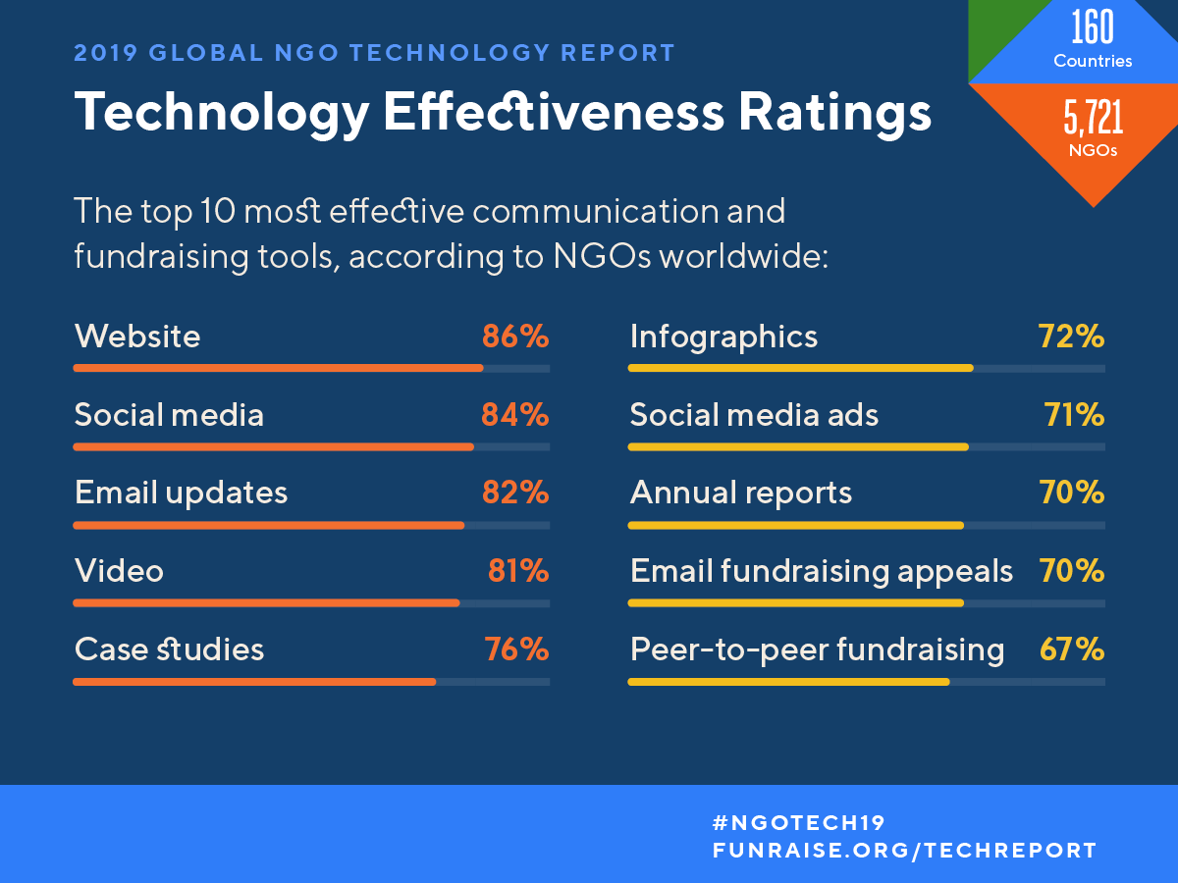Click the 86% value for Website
coord(514,338)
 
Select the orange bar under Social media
coord(273,447)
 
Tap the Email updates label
coord(181,493)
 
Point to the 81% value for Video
coord(517,571)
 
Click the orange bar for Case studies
coord(253,682)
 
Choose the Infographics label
coord(723,338)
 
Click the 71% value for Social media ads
coord(1074,415)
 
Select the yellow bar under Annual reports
coord(795,526)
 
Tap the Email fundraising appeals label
coord(821,571)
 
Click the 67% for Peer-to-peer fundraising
coord(1071,649)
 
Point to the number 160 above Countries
coord(1093,28)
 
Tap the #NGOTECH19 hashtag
coord(798,822)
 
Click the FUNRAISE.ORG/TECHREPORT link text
coord(904,851)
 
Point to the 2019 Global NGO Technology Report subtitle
coord(375,53)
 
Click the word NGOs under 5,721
coord(1093,151)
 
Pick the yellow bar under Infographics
coord(800,369)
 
